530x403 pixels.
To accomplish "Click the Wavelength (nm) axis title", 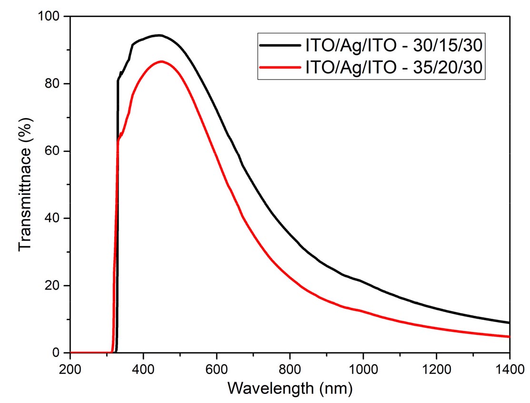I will (x=290, y=388).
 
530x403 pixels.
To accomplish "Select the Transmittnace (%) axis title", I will (x=26, y=185).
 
